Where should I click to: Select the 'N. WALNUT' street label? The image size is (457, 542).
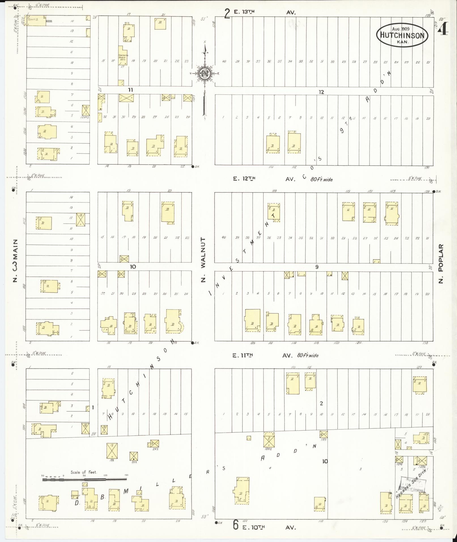203,260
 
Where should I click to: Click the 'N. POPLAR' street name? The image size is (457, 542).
441,263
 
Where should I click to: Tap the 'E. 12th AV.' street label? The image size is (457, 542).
263,179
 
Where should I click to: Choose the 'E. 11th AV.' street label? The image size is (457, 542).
262,355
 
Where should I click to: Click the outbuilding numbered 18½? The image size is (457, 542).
112,451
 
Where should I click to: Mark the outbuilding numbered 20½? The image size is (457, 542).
134,456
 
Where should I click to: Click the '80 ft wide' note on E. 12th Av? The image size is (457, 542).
321,179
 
